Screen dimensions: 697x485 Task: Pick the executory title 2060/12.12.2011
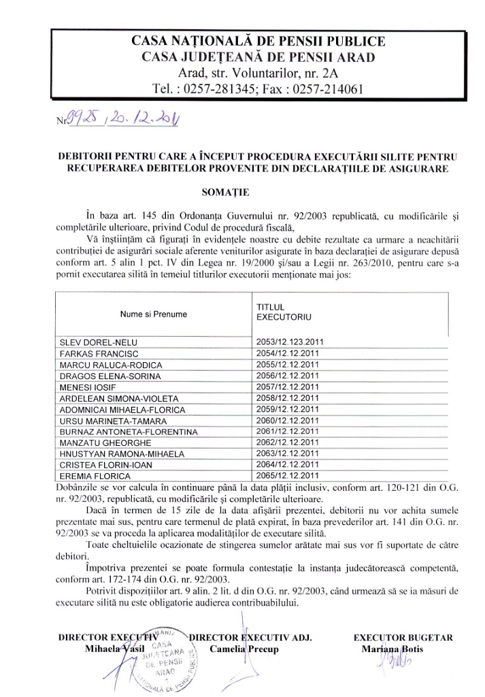287,421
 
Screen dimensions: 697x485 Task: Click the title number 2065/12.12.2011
287,476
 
